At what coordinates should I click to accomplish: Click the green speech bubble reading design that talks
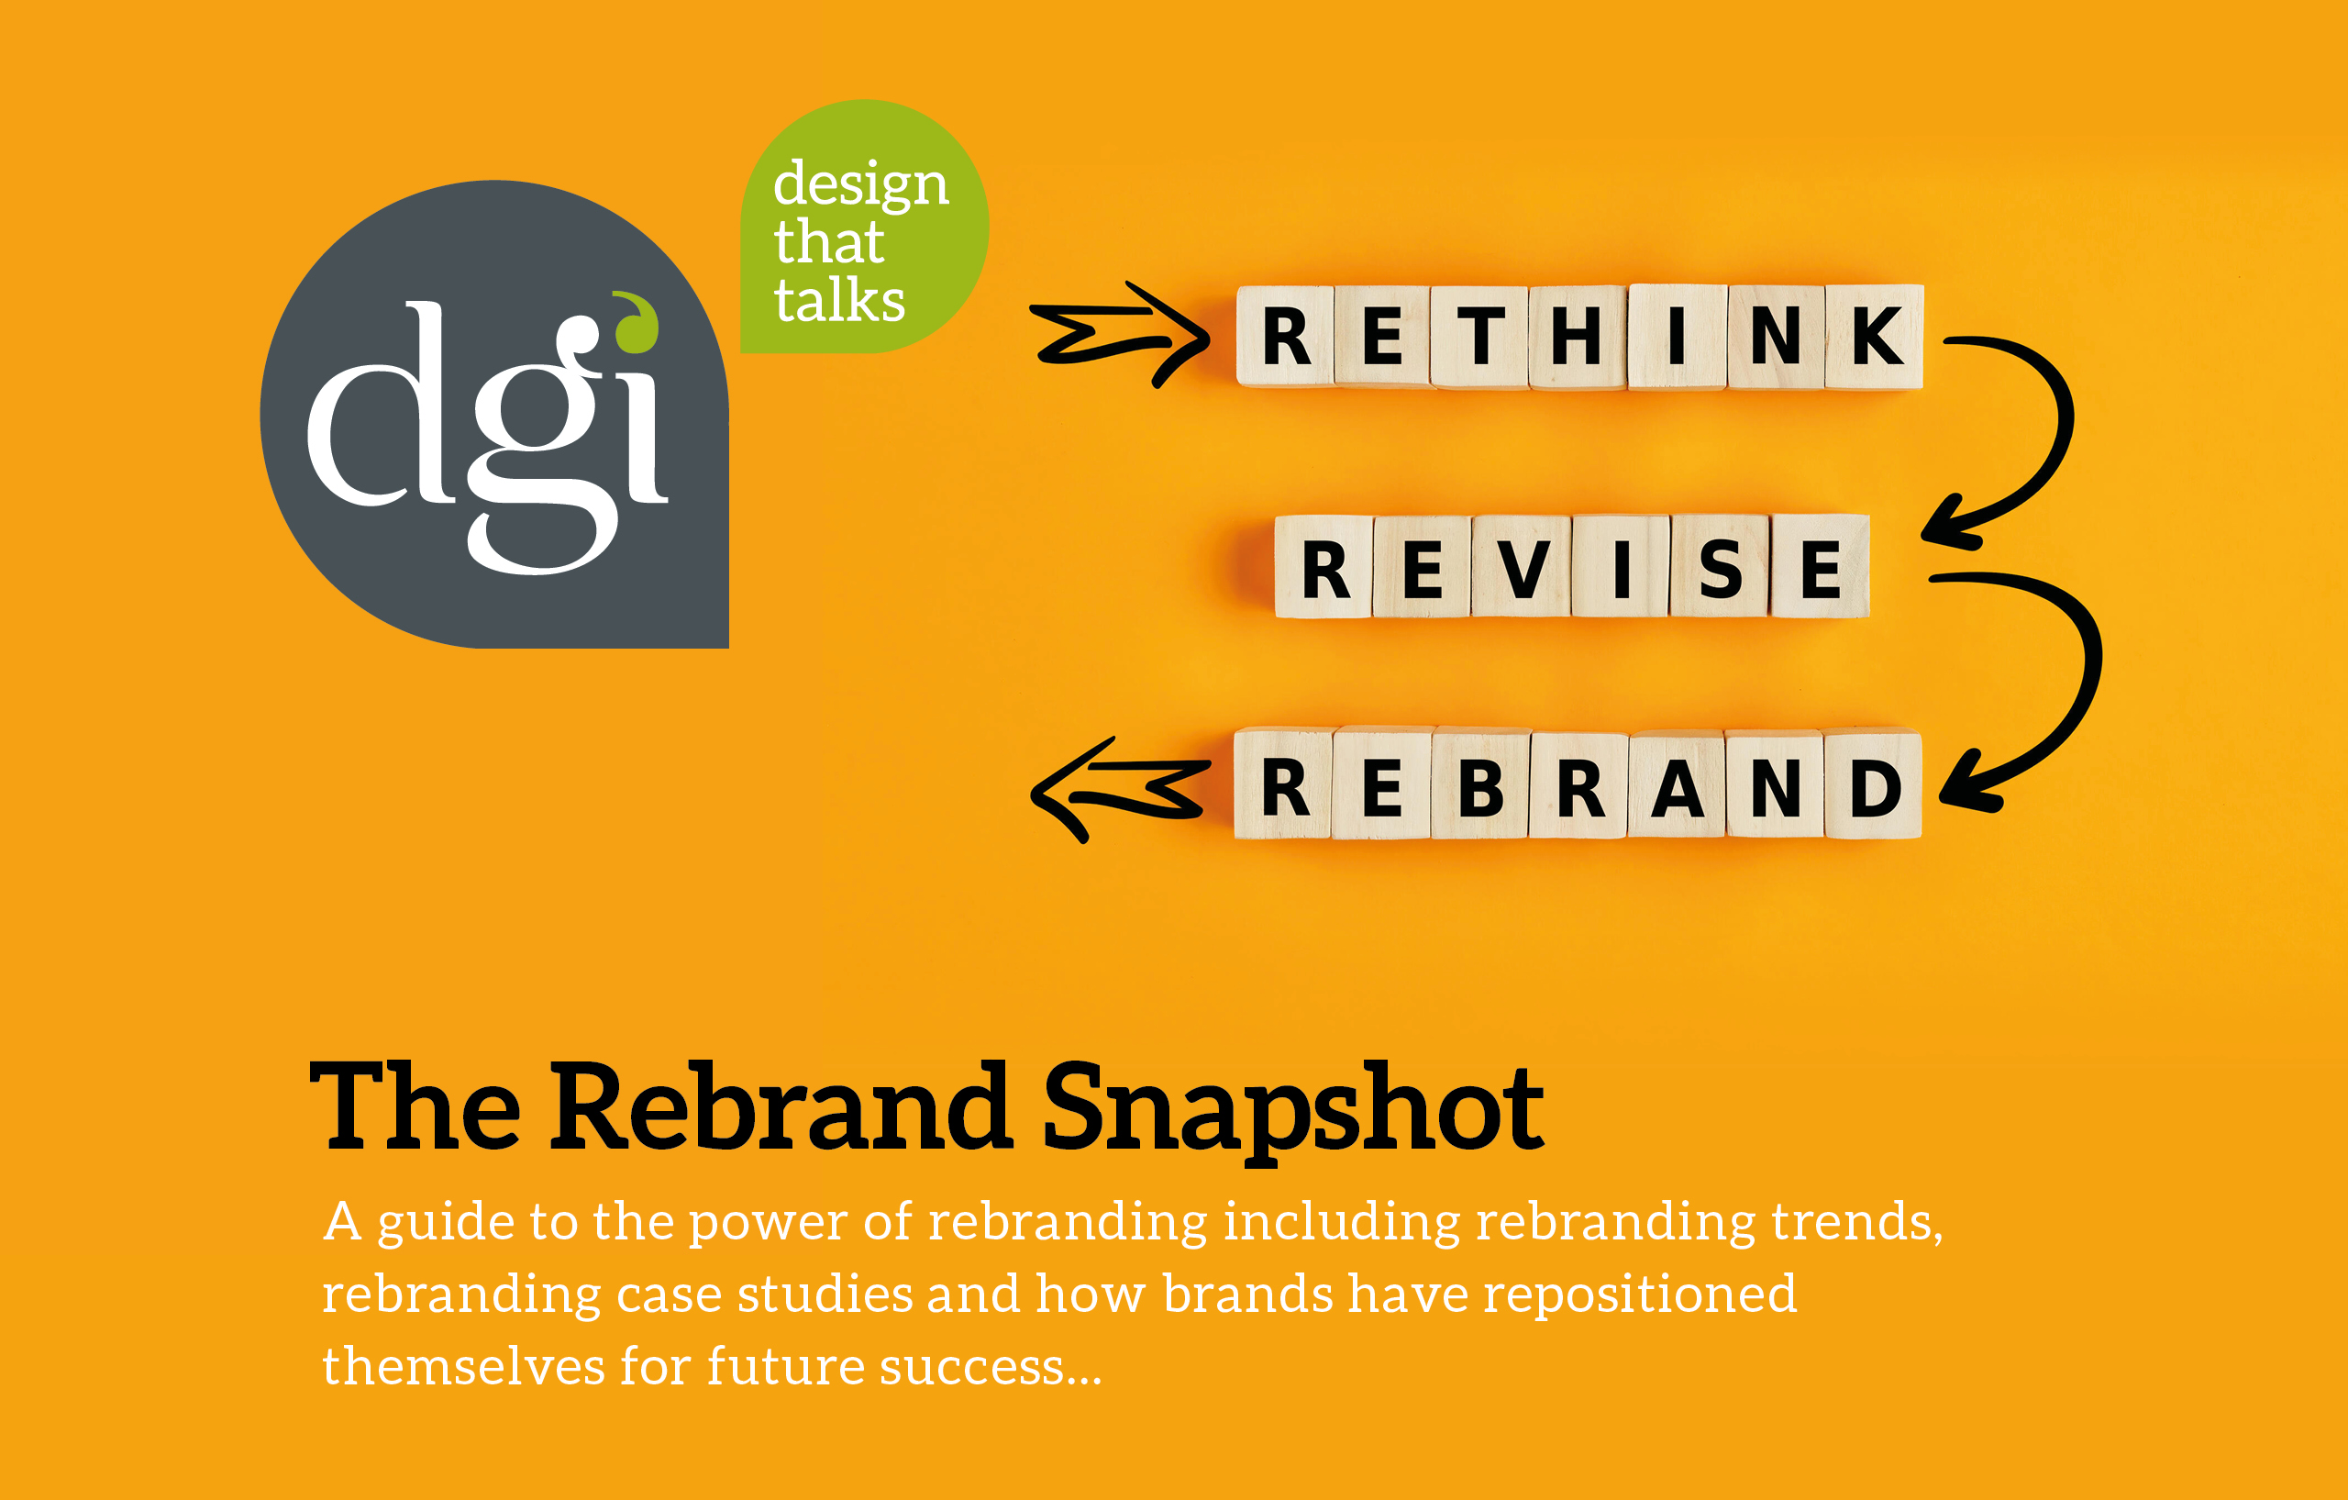(x=863, y=229)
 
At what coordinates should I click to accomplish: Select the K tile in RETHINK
(x=1874, y=337)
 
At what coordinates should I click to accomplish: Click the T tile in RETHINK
(x=1480, y=337)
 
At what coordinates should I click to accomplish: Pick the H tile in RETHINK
(x=1578, y=337)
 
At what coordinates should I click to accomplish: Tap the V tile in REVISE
(x=1521, y=568)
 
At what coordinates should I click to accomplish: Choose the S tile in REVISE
(x=1720, y=568)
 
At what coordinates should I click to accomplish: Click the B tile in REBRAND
(x=1480, y=785)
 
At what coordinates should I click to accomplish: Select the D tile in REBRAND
(x=1873, y=785)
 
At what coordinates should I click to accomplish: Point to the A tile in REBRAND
(x=1678, y=785)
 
